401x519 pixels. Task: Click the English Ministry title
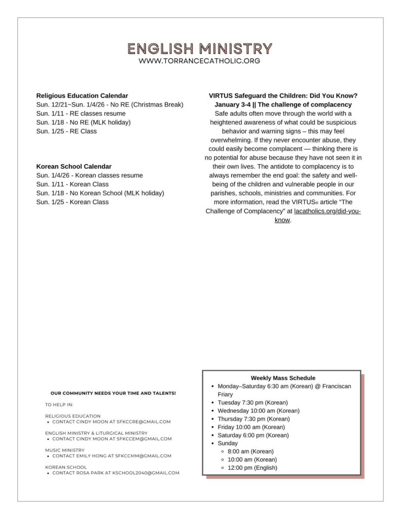(x=200, y=49)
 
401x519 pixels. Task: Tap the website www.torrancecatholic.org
(x=200, y=61)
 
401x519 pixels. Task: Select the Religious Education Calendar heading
(x=82, y=96)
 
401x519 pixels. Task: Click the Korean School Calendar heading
(x=74, y=166)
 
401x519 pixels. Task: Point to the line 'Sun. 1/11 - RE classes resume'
(x=81, y=114)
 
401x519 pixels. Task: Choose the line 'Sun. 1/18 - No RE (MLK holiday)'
(x=84, y=122)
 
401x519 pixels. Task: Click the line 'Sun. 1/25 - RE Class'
(x=66, y=131)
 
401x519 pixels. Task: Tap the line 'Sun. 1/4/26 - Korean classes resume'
(x=90, y=175)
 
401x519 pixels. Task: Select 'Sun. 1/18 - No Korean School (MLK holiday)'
(x=100, y=193)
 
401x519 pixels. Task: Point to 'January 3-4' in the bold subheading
(x=232, y=104)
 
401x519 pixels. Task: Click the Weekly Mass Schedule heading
(x=283, y=378)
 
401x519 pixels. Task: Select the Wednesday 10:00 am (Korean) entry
(x=259, y=411)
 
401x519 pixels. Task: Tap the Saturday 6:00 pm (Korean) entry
(x=253, y=435)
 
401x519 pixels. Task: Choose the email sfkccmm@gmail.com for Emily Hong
(x=143, y=456)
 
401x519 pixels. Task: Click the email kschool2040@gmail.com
(x=148, y=473)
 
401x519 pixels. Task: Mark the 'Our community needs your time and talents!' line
(x=113, y=393)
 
